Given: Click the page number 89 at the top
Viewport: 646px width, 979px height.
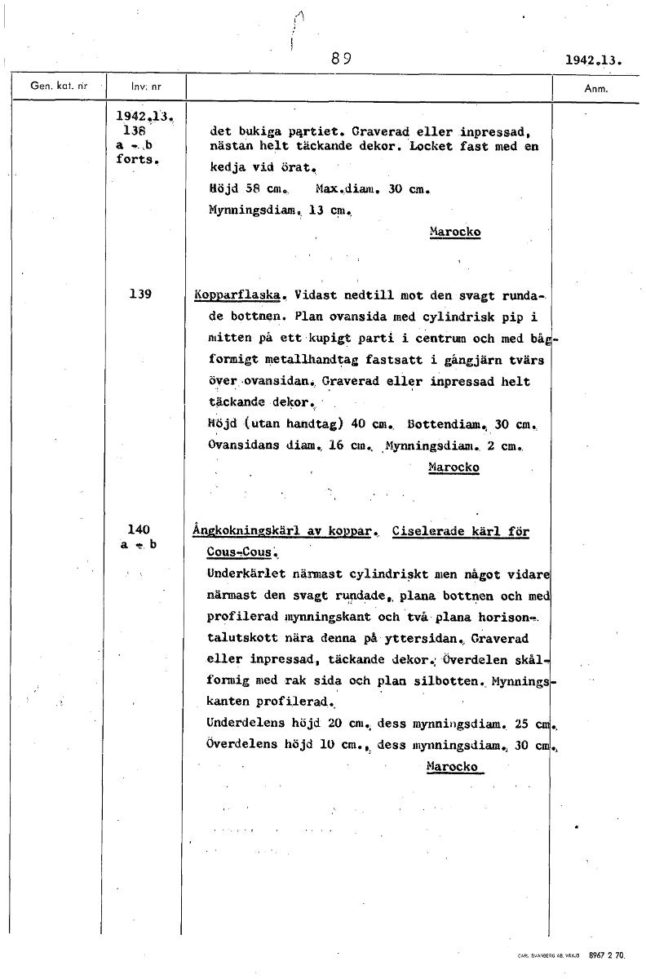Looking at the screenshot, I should (341, 59).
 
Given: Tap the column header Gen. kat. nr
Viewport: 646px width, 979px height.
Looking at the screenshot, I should (58, 85).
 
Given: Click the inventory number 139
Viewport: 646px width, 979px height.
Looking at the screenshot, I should (140, 294).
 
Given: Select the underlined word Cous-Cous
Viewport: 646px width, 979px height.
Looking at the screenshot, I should (242, 552).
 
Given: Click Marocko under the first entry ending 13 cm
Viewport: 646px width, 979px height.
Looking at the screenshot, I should (454, 233).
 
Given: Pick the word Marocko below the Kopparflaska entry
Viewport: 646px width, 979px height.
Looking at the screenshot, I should (453, 467).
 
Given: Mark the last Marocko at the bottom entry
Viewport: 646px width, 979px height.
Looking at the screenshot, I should (452, 767).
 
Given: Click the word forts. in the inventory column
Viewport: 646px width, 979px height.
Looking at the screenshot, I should (136, 159).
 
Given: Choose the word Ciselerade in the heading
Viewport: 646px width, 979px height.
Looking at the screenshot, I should (428, 531).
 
